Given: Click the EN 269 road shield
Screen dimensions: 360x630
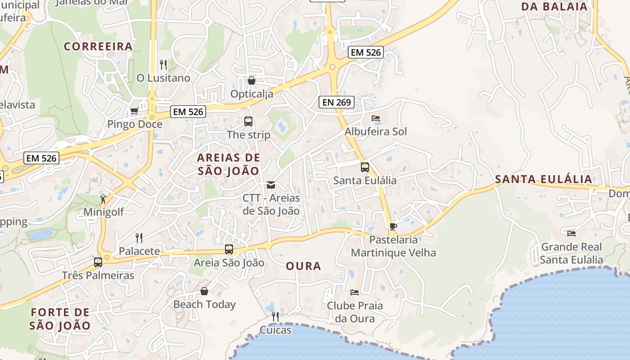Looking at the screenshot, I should (337, 102).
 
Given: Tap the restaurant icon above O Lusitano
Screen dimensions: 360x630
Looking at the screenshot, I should (163, 65).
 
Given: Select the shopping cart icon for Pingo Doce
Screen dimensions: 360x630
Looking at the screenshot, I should (134, 111).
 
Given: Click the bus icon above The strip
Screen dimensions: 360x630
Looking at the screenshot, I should (248, 121).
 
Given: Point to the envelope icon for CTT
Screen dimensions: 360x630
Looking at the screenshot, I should (271, 184).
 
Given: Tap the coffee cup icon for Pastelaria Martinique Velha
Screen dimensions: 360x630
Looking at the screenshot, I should (393, 226).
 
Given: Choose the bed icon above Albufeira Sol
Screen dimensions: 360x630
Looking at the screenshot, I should (376, 118).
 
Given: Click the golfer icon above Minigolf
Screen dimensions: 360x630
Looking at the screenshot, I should (103, 198).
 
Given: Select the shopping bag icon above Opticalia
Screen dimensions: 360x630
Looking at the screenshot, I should (252, 81).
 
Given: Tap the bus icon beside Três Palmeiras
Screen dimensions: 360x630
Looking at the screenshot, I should (98, 262).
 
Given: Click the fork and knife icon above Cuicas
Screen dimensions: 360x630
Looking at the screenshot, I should (275, 317).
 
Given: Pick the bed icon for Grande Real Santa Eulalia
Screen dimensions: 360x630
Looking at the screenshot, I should (571, 233).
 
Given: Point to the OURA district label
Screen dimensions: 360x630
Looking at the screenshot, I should (303, 266).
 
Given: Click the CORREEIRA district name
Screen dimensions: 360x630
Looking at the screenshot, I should (98, 46).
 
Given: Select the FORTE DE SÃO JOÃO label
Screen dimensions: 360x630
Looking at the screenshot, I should (60, 319).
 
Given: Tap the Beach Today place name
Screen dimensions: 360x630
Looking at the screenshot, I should (204, 304).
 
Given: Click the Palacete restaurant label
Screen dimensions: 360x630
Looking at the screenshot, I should (139, 251).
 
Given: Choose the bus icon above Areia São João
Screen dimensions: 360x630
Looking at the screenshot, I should (229, 249).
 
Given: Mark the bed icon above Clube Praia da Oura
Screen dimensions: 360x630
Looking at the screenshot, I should (355, 292).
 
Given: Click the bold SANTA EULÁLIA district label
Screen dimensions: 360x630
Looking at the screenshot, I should (544, 179).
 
